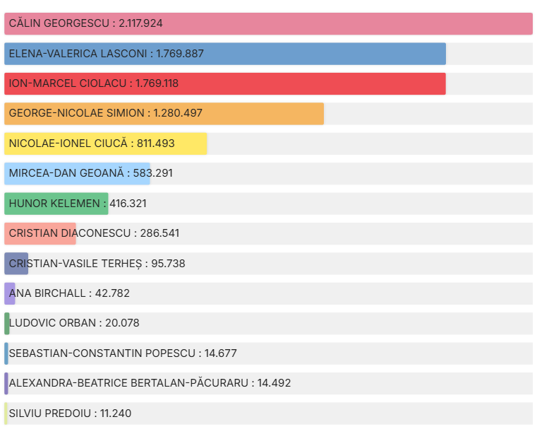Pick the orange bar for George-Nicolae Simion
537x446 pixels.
[247, 113]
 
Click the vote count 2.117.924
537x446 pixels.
[141, 23]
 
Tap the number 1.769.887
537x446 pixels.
[180, 54]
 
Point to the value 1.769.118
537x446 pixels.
[155, 83]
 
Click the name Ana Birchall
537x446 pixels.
[46, 293]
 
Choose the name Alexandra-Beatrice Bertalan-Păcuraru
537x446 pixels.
[128, 383]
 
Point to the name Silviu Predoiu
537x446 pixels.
[48, 413]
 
